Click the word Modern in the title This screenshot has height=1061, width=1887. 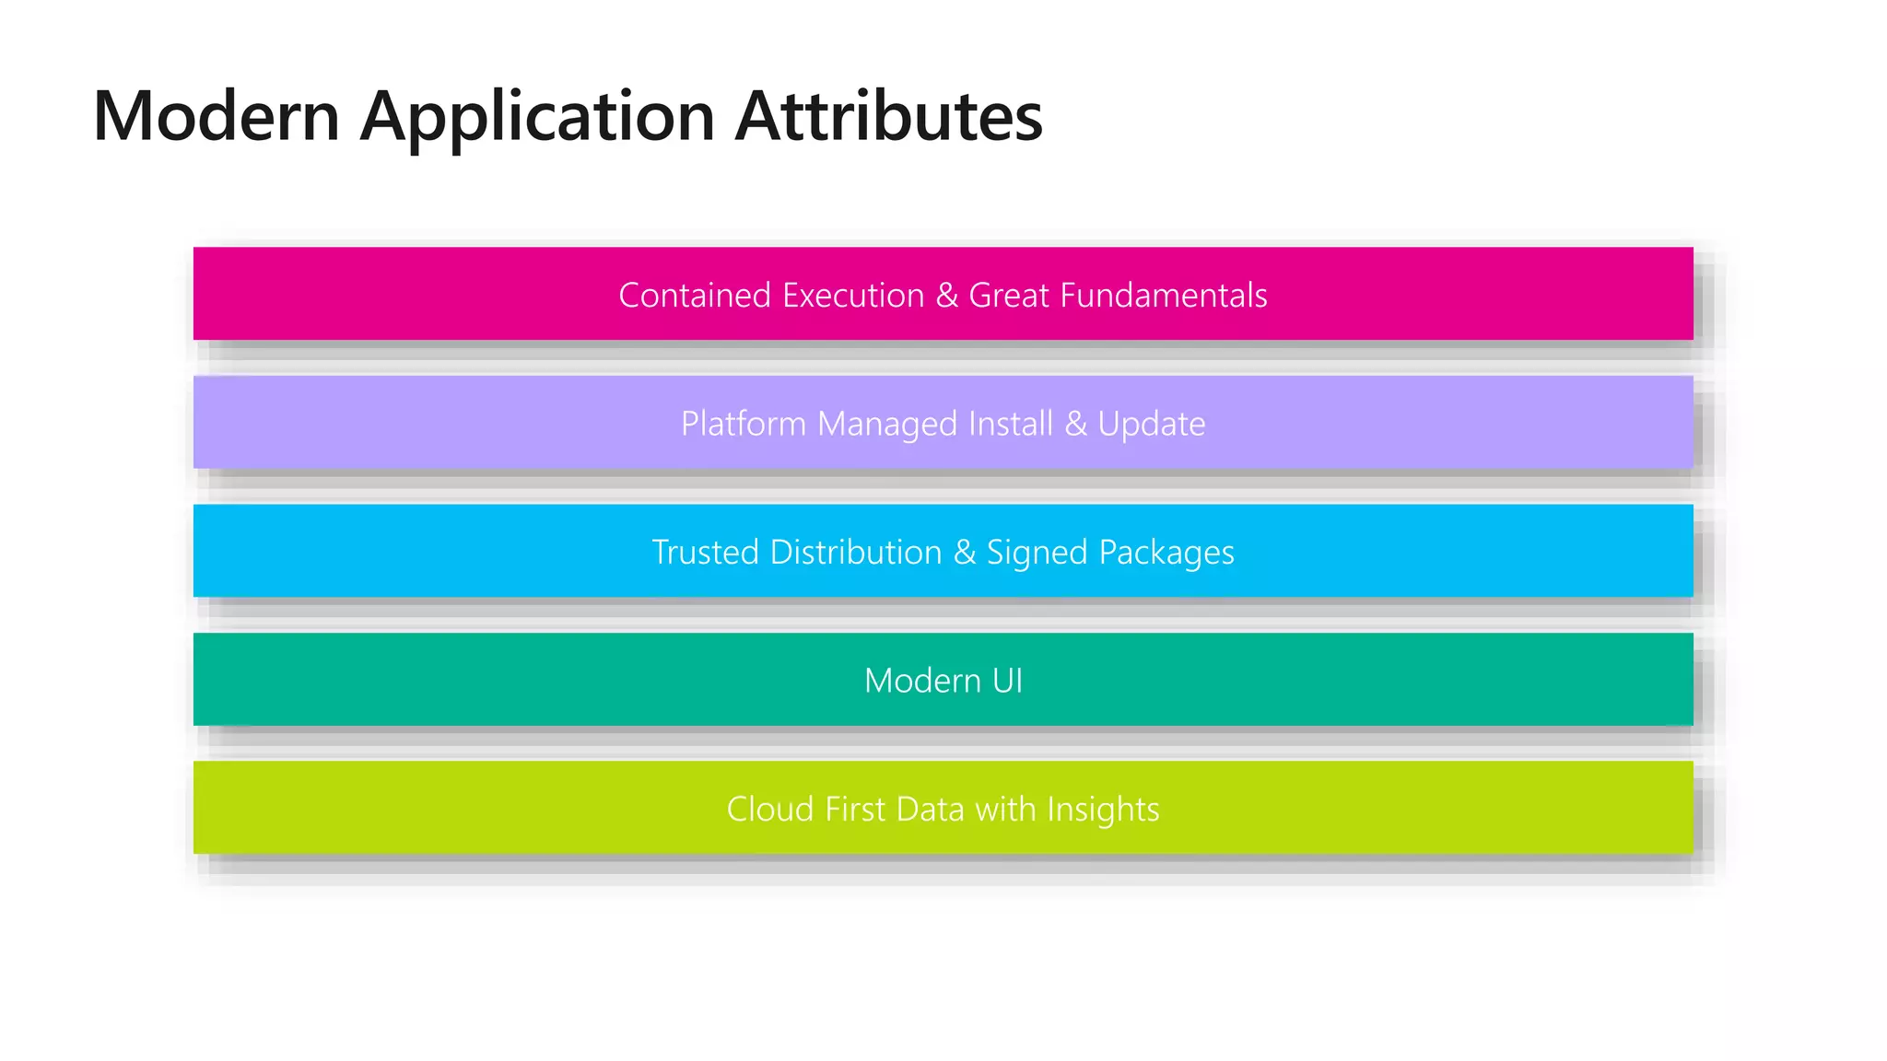pos(217,116)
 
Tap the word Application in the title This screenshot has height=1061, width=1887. pos(537,118)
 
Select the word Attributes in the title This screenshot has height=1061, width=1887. pos(888,116)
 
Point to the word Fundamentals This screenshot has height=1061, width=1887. pos(1164,296)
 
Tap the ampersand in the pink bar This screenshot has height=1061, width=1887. pos(947,296)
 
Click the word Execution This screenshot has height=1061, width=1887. pos(854,296)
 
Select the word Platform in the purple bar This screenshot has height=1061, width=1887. pos(744,424)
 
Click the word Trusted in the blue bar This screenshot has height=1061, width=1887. pos(706,553)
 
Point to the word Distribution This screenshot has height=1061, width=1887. pos(856,553)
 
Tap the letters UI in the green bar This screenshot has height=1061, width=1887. pos(1007,681)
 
